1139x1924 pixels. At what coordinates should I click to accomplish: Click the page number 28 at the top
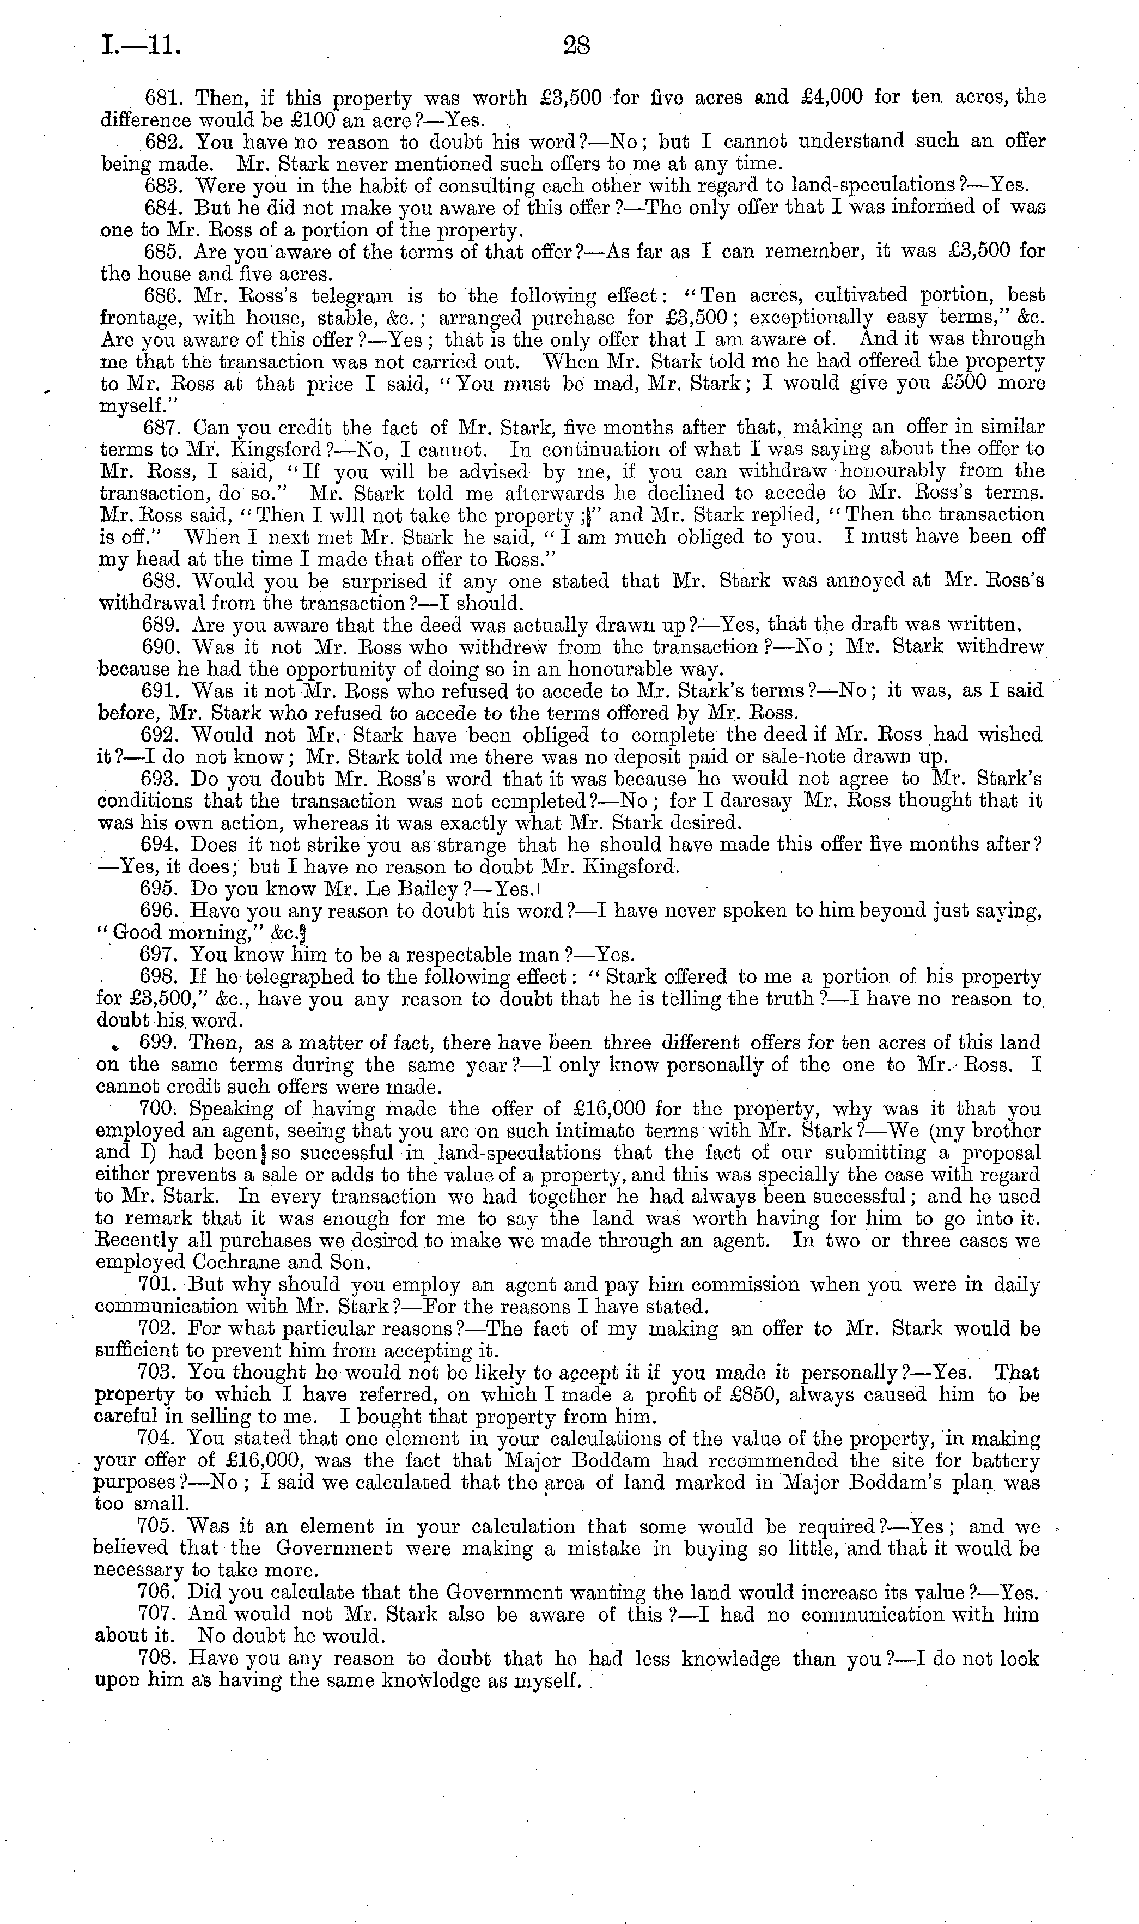coord(576,46)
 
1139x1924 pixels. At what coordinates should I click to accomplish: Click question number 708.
coord(159,1659)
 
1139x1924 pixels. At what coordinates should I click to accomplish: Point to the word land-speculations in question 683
coord(875,186)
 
